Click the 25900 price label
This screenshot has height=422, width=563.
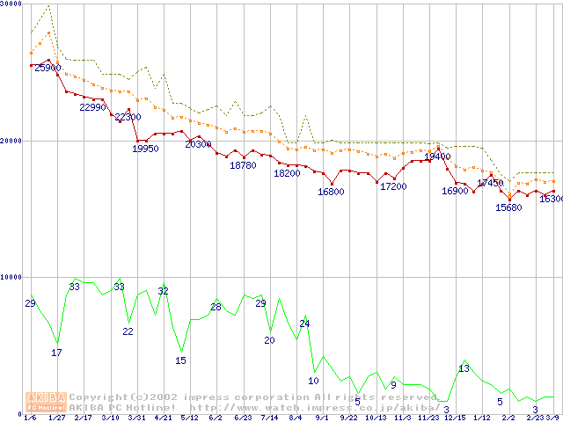tap(48, 68)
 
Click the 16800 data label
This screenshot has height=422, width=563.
tap(331, 192)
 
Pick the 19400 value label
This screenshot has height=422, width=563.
tap(437, 156)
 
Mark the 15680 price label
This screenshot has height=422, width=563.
tap(508, 207)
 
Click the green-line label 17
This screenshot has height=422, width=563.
tap(56, 353)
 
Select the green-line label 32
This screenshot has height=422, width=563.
tap(163, 291)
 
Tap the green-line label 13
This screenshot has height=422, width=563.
tap(464, 367)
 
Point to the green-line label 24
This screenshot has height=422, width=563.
tap(304, 324)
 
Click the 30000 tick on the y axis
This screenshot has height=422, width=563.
tap(11, 4)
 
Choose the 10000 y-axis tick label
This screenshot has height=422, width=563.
tap(11, 277)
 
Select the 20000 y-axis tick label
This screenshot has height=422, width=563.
tap(11, 141)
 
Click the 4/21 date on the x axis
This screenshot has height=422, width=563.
tap(163, 418)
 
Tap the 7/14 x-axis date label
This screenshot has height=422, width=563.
tap(269, 418)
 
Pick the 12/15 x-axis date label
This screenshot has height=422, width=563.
tap(455, 418)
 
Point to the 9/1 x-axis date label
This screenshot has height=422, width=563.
tap(323, 418)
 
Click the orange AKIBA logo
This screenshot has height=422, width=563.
tap(46, 402)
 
